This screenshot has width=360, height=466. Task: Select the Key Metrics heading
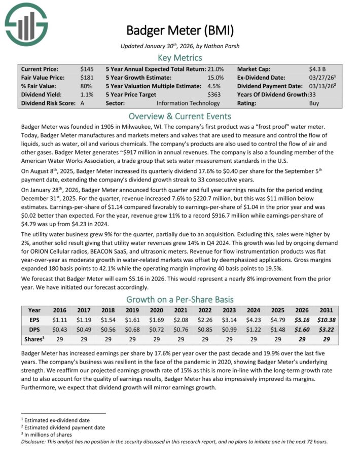180,57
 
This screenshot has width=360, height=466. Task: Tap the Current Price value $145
86,68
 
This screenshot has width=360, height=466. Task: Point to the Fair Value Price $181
86,78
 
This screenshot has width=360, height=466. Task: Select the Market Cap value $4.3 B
317,68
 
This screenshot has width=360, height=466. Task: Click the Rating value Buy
314,103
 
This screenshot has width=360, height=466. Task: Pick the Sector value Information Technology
188,103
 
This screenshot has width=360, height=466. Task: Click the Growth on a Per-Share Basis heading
180,299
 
